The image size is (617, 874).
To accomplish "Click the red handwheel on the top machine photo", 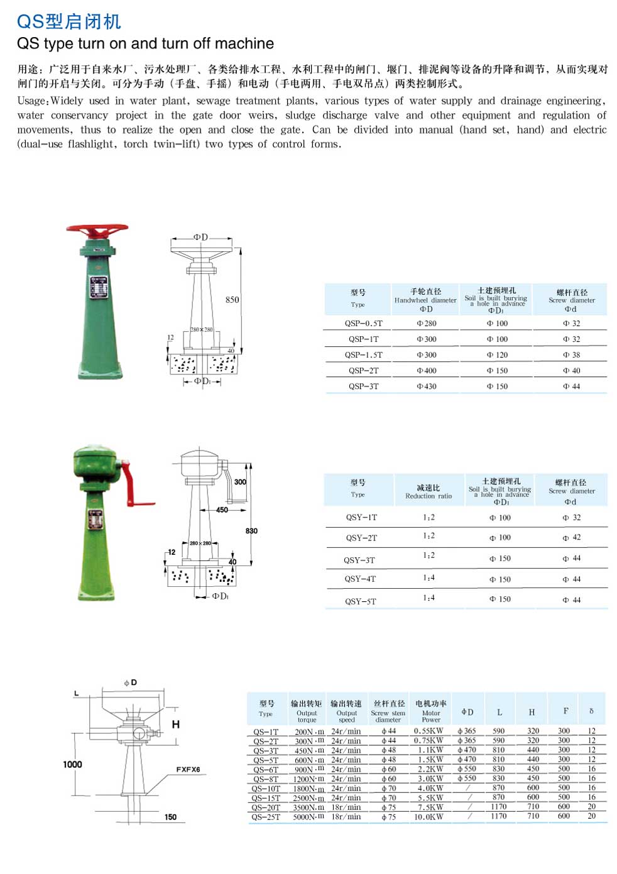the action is [97, 230].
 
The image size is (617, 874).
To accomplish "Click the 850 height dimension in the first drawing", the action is [232, 300].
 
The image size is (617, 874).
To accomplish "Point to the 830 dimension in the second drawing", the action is [251, 531].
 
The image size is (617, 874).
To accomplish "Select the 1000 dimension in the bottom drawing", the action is [73, 765].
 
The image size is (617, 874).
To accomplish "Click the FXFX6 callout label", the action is [188, 770].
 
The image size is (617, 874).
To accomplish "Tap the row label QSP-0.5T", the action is [363, 324].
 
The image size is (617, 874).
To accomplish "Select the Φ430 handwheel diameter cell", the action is [427, 386].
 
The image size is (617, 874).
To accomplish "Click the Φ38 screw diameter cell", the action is [572, 355].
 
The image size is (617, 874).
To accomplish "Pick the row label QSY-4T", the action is [360, 579].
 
